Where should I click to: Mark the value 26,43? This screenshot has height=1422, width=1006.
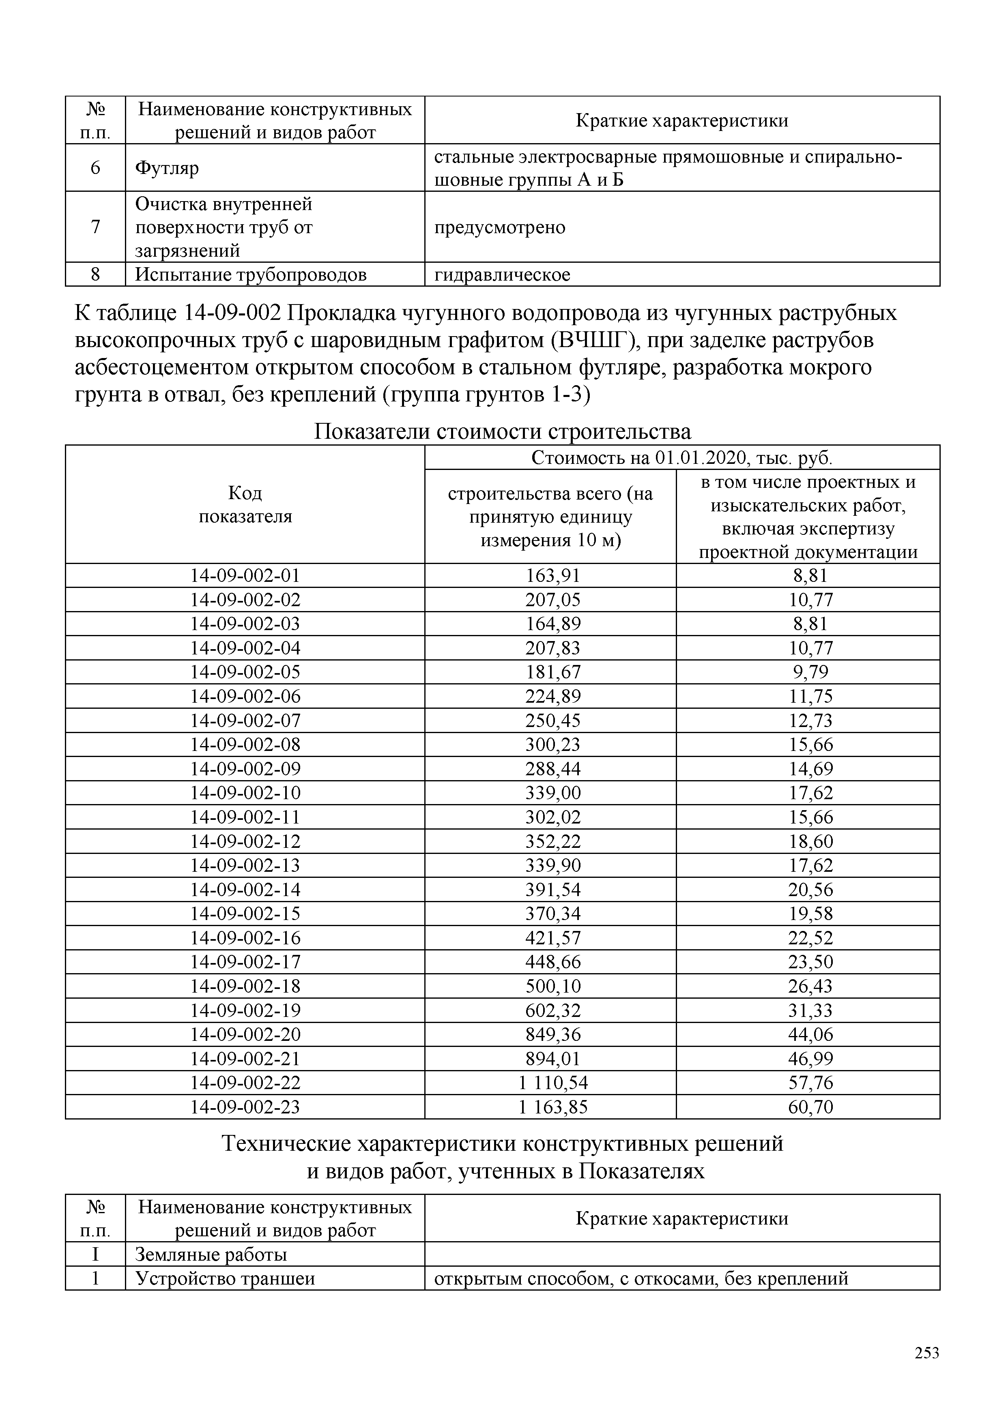point(810,986)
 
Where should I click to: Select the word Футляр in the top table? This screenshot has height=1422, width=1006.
point(167,168)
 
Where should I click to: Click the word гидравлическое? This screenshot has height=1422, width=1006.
point(502,275)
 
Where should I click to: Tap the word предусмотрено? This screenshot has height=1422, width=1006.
point(499,227)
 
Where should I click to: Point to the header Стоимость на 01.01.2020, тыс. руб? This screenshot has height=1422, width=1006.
point(681,458)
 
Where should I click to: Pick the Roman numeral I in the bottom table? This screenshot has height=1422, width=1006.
point(95,1255)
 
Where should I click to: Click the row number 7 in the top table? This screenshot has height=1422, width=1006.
point(95,227)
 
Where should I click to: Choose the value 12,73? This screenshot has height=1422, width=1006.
point(810,721)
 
